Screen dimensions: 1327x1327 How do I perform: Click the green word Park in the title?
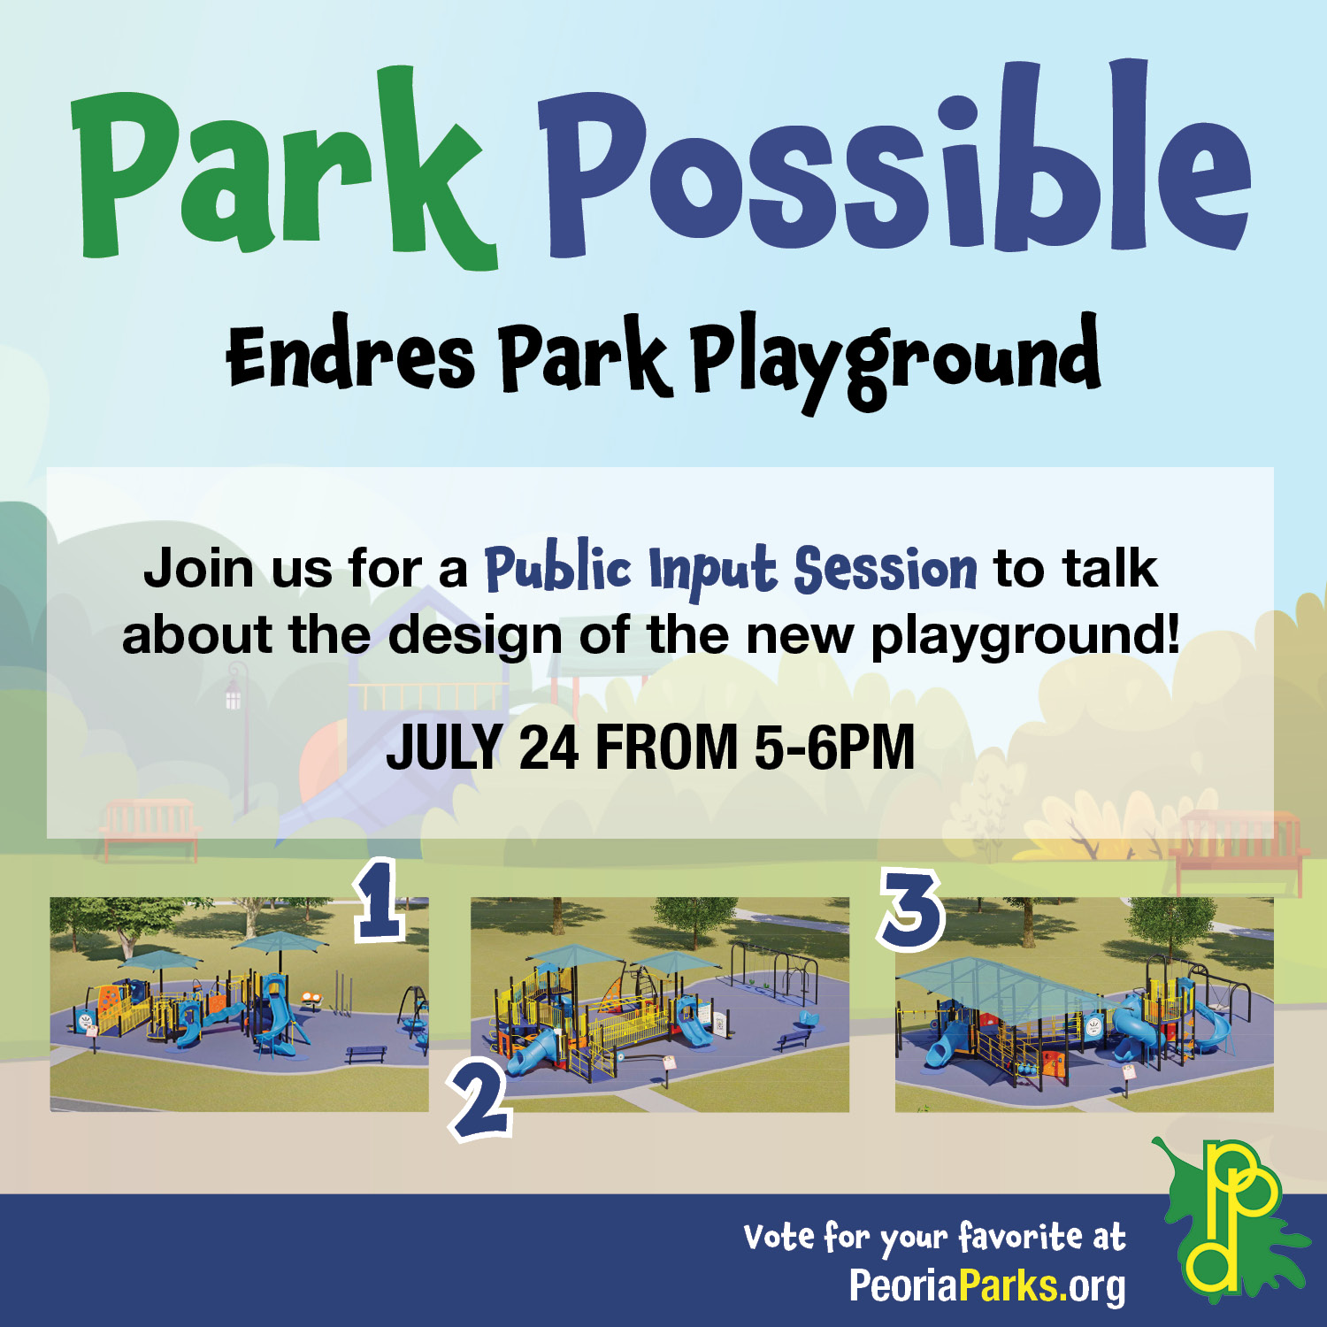[283, 168]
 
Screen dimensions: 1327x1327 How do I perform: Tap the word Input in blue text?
[712, 571]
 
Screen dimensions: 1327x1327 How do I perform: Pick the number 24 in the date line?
[548, 748]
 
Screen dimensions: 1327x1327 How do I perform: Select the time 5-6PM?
[834, 748]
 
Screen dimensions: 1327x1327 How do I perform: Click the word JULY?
[445, 748]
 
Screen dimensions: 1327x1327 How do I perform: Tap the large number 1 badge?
[380, 901]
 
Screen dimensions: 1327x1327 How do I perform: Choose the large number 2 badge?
[481, 1100]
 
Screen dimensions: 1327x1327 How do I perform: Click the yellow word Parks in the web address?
[1009, 1285]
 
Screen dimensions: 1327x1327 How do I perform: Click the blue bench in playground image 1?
[366, 1053]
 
